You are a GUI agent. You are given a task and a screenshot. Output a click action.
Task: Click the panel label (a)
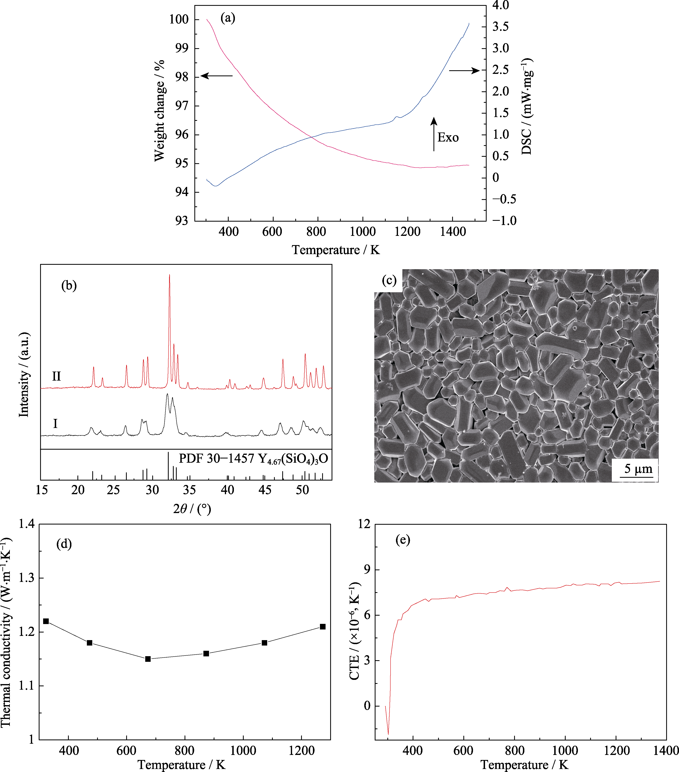point(228,18)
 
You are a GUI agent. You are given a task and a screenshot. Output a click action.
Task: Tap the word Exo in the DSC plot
point(448,137)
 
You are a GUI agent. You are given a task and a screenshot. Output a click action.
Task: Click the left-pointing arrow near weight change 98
point(217,76)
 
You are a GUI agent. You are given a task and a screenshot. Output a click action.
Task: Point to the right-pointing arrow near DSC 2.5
point(464,70)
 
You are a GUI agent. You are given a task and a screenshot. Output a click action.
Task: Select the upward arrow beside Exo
point(434,134)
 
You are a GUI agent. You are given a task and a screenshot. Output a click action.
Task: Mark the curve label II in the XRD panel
point(56,376)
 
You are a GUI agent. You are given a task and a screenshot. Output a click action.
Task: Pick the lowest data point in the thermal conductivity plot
point(148,659)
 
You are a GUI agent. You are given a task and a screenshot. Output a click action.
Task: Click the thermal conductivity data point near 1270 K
point(322,627)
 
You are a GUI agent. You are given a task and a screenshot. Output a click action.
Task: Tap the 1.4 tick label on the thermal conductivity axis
point(26,524)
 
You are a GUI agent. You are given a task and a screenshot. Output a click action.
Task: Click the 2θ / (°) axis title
point(192,509)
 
